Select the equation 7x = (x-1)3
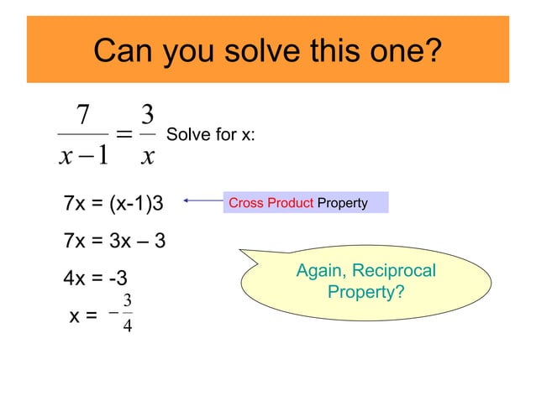pyautogui.click(x=113, y=203)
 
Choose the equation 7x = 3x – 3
pyautogui.click(x=114, y=242)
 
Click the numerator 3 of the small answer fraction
pyautogui.click(x=126, y=300)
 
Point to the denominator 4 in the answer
pyautogui.click(x=126, y=325)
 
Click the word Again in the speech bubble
pyautogui.click(x=323, y=272)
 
